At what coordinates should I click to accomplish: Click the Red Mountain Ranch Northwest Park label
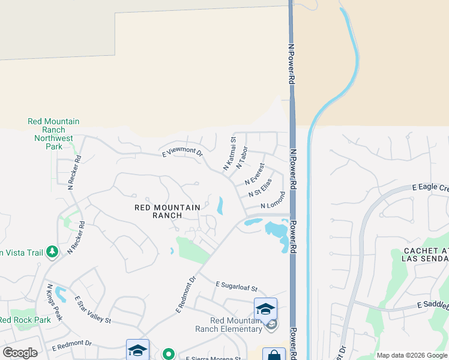(x=53, y=134)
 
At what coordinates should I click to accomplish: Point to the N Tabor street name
(x=242, y=157)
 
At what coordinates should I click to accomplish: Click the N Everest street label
(x=255, y=174)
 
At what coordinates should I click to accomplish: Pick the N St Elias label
(x=260, y=187)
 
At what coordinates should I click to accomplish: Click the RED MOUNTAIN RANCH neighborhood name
(x=167, y=212)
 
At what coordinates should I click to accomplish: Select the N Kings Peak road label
(x=55, y=302)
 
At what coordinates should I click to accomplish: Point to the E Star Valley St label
(x=92, y=310)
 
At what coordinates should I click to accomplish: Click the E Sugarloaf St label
(x=236, y=286)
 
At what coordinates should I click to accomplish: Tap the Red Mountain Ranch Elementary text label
(x=229, y=325)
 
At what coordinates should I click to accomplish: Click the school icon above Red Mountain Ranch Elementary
(x=265, y=308)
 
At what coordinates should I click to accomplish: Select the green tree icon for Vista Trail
(x=52, y=252)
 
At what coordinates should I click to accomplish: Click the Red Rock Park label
(x=25, y=320)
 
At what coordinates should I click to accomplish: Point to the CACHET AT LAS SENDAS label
(x=426, y=254)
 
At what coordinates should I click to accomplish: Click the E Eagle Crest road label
(x=430, y=188)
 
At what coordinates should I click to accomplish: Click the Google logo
(x=20, y=353)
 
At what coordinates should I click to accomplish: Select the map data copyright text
(x=411, y=355)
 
